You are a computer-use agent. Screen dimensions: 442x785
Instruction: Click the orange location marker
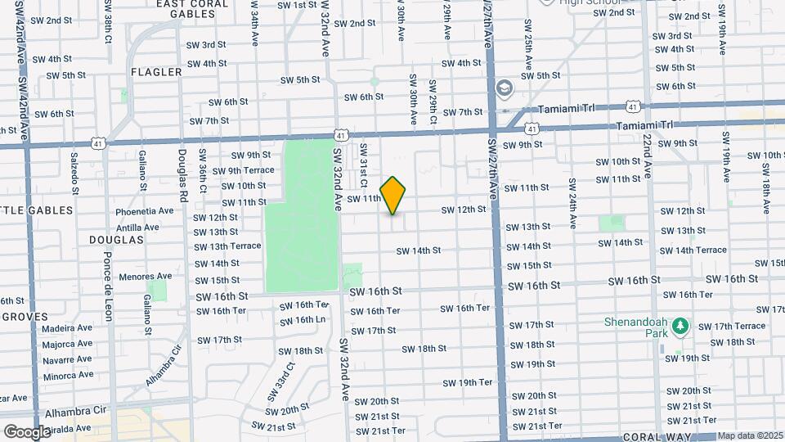pyautogui.click(x=393, y=196)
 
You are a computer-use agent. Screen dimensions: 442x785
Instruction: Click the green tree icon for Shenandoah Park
pyautogui.click(x=680, y=327)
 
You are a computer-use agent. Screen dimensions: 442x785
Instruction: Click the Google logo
pyautogui.click(x=27, y=431)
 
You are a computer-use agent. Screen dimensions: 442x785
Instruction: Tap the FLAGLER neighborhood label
pyautogui.click(x=155, y=72)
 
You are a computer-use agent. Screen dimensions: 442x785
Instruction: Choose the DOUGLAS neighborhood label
pyautogui.click(x=120, y=240)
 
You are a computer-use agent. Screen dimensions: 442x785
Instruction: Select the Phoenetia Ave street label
pyautogui.click(x=145, y=210)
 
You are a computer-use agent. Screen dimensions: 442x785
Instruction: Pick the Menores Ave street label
pyautogui.click(x=145, y=277)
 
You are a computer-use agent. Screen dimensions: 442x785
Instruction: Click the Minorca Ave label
pyautogui.click(x=68, y=375)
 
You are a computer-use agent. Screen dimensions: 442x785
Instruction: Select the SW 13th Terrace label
pyautogui.click(x=227, y=246)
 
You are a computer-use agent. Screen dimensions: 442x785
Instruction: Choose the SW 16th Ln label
pyautogui.click(x=303, y=319)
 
